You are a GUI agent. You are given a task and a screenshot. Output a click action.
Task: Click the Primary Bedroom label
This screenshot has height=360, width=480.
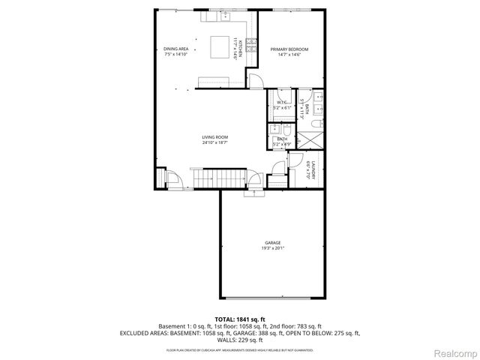pyautogui.click(x=289, y=49)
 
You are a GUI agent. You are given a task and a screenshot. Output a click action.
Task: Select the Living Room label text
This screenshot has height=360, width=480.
pyautogui.click(x=214, y=137)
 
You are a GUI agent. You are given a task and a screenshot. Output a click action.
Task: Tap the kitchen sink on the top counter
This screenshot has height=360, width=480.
pyautogui.click(x=226, y=14)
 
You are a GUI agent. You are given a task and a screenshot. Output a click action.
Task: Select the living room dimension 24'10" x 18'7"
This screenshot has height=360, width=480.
pyautogui.click(x=214, y=142)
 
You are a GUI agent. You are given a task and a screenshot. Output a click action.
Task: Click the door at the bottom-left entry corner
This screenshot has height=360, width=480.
pyautogui.click(x=170, y=180)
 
